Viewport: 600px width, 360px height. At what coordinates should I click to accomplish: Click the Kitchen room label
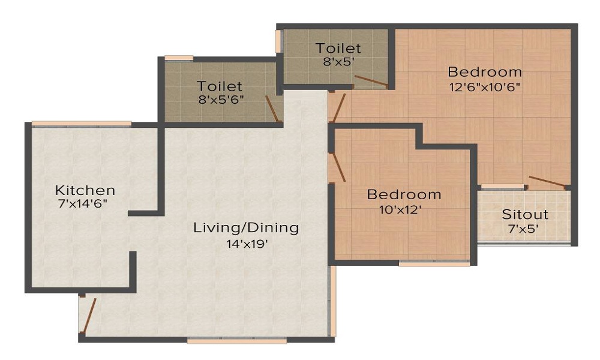coord(85,190)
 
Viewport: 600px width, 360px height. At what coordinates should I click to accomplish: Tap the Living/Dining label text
coord(246,227)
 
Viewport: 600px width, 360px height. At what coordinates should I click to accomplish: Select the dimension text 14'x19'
coord(247,244)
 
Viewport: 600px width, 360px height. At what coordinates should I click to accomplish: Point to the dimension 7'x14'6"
coord(82,203)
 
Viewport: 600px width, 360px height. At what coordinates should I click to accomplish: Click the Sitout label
coord(525,214)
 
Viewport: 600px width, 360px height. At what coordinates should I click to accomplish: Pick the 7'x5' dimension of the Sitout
coord(523,229)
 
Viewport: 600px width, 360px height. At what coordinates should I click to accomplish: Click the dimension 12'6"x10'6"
coord(485,87)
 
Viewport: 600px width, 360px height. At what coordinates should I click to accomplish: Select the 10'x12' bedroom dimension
coord(400,209)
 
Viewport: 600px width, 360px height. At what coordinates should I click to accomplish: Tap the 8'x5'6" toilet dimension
coord(221,100)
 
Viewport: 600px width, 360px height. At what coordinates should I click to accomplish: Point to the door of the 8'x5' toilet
coord(371,82)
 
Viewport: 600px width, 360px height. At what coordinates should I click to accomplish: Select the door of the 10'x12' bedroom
coord(340,167)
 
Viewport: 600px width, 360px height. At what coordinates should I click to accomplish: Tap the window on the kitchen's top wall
coord(81,124)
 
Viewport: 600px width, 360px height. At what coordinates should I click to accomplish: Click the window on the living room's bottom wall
coord(237,340)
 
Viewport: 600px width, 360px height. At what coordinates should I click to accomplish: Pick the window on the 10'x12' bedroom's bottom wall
coord(434,263)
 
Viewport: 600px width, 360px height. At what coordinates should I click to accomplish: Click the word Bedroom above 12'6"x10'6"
coord(484,72)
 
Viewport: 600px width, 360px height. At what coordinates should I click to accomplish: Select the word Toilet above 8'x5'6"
coord(219,86)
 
